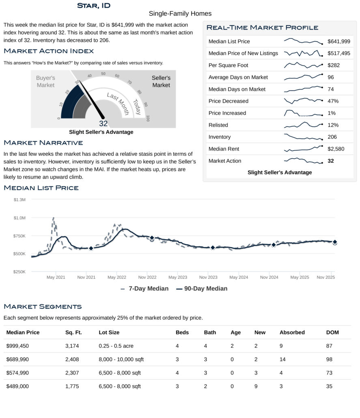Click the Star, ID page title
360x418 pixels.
point(93,6)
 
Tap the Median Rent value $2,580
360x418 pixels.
point(336,149)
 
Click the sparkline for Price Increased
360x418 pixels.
point(303,113)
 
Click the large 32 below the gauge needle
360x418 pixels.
point(103,124)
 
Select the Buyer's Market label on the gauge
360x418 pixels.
point(45,82)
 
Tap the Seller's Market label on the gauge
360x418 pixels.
point(161,82)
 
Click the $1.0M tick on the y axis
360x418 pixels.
point(19,218)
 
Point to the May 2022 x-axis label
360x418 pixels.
point(116,278)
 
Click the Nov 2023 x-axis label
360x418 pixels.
point(208,278)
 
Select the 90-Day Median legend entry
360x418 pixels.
point(202,289)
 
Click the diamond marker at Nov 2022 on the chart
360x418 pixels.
point(152,238)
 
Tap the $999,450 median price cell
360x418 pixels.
point(17,346)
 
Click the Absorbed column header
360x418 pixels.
point(292,332)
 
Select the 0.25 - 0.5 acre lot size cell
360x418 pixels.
point(116,346)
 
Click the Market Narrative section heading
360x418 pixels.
point(43,143)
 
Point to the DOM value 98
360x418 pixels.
point(329,360)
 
